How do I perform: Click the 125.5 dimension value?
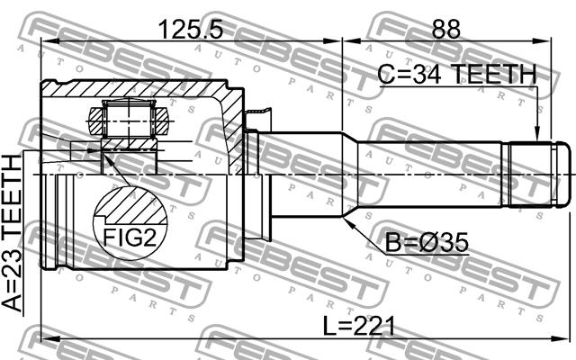coord(191,30)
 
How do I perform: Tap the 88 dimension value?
coord(446,30)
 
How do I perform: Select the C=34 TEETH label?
coord(457,74)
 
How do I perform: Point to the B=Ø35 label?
coord(427,242)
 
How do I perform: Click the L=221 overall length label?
coord(359,326)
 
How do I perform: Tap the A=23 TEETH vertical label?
coord(12,234)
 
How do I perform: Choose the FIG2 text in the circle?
coord(130,238)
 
